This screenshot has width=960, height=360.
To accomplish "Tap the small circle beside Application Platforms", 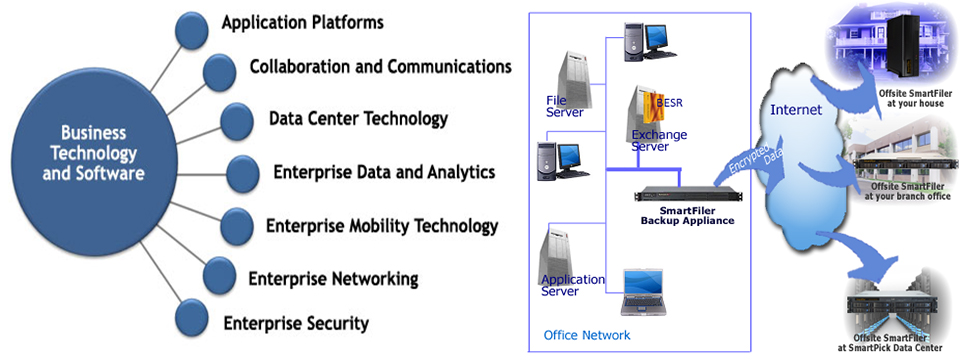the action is coord(192,30).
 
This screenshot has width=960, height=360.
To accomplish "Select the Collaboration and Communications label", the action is coord(380,66).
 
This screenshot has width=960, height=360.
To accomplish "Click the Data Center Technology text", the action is coord(358,118).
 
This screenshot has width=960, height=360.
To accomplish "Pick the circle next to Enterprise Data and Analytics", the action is coord(242,173).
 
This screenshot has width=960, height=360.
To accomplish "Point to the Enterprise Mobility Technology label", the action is coord(381,226).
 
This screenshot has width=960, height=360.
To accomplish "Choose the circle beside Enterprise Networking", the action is coord(219,275).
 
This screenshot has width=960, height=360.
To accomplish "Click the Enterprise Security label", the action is coord(296,322).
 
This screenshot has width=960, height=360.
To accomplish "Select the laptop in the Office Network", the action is coord(642,292).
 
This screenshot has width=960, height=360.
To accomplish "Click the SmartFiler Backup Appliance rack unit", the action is coord(688,196).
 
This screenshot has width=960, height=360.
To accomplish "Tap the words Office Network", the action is coord(587,335).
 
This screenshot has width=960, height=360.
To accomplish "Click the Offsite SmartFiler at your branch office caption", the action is coord(907,192).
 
